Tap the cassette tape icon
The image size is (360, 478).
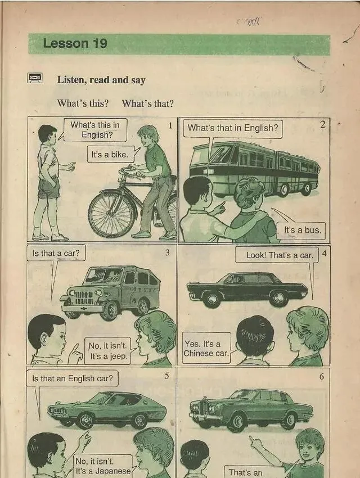(34, 78)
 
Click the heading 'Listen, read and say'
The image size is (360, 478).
(101, 80)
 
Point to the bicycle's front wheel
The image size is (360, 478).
(111, 214)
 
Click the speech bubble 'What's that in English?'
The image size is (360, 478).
(232, 128)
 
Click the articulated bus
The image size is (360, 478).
(254, 167)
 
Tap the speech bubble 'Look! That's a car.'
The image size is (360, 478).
(279, 255)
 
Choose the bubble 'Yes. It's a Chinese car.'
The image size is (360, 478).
(206, 348)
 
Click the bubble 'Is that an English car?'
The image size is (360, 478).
(72, 378)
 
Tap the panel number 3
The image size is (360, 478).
(167, 252)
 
